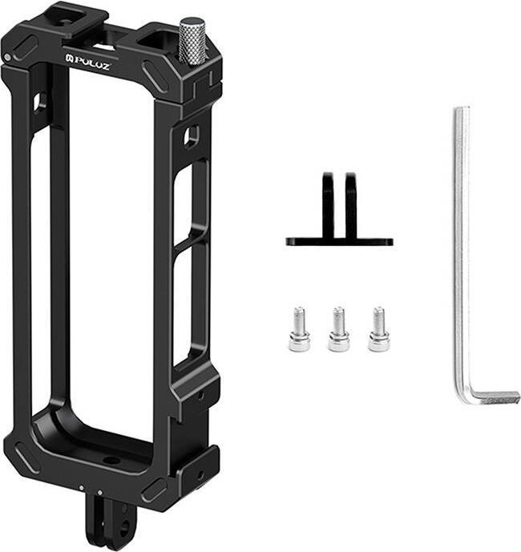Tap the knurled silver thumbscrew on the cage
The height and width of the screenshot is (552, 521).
(192, 41)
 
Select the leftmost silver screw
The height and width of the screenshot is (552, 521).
(299, 329)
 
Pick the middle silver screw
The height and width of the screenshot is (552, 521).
(338, 329)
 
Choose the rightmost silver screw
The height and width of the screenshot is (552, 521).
(378, 329)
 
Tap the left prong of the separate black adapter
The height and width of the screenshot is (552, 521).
(328, 203)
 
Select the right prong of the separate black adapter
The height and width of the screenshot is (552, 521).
(351, 203)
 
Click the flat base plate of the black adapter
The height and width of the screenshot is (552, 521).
(339, 240)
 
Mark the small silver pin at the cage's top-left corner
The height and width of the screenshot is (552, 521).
(7, 58)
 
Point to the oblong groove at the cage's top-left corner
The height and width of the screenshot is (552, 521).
(23, 46)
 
